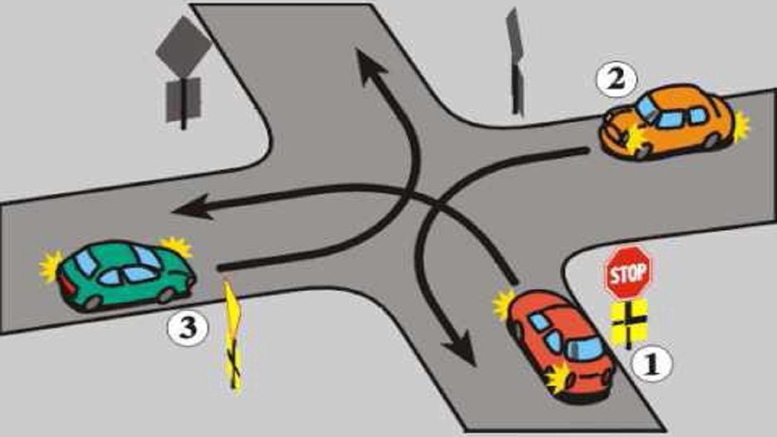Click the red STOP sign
tap(628, 272)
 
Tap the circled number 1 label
tap(652, 364)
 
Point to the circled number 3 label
tap(188, 328)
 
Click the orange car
tap(667, 122)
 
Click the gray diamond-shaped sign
tap(183, 47)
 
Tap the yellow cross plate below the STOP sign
tap(629, 323)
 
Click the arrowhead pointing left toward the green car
tap(193, 208)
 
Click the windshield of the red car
tap(584, 349)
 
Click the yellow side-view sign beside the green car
tap(233, 337)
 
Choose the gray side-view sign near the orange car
tap(516, 62)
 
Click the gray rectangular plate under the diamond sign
tap(183, 100)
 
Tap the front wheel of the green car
tap(165, 295)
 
